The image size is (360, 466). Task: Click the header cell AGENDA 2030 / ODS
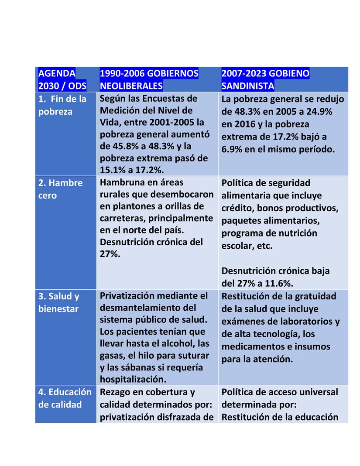coord(62,79)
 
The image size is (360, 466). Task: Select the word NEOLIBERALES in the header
coord(131,86)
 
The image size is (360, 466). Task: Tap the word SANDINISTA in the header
coord(248,86)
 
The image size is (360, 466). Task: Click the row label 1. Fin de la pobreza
coord(62,105)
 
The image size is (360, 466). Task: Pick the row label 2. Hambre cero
coord(60,189)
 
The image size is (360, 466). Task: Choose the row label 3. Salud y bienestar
coord(59,302)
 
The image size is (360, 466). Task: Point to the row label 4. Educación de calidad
coord(65,398)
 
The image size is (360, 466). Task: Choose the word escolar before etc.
coord(236,246)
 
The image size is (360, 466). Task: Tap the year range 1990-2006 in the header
coord(121,73)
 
